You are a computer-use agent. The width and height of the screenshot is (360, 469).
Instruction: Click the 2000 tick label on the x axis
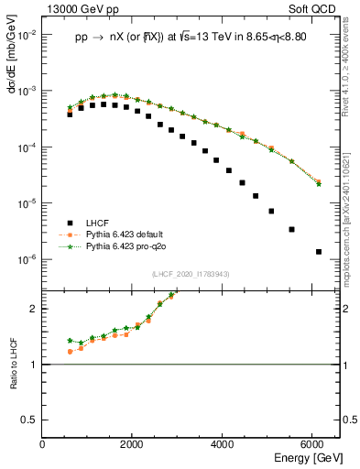tap(133, 444)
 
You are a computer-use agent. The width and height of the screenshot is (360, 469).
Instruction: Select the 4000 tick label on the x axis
tap(224, 444)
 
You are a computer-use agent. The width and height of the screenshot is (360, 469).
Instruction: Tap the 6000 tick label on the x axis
tap(313, 444)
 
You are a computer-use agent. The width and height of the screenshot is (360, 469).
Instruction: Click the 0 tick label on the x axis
tap(43, 444)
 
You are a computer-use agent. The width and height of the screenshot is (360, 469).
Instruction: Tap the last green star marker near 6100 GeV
tap(318, 184)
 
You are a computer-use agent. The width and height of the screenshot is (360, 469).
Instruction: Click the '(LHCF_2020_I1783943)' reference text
tap(191, 275)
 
